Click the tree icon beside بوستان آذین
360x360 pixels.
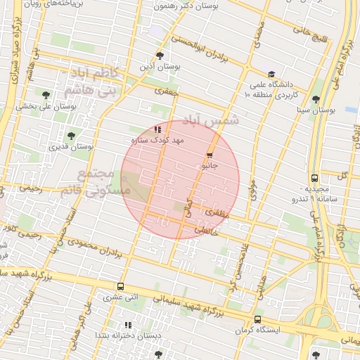pyautogui.click(x=160, y=55)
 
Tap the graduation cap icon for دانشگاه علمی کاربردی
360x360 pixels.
pyautogui.click(x=271, y=74)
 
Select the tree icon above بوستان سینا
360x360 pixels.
pyautogui.click(x=316, y=99)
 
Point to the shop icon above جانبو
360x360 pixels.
pyautogui.click(x=210, y=155)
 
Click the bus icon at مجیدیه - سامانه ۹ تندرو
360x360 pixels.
pyautogui.click(x=314, y=179)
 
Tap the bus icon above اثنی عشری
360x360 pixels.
pyautogui.click(x=120, y=286)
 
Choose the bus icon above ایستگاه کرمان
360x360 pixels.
pyautogui.click(x=257, y=319)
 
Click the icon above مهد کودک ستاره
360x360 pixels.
pyautogui.click(x=157, y=129)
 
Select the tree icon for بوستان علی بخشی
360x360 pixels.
pyautogui.click(x=46, y=95)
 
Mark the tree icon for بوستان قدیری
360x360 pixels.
pyautogui.click(x=70, y=136)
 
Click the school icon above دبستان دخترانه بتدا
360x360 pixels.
pyautogui.click(x=127, y=325)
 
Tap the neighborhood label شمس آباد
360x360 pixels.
pyautogui.click(x=211, y=120)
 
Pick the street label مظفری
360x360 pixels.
pyautogui.click(x=216, y=211)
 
